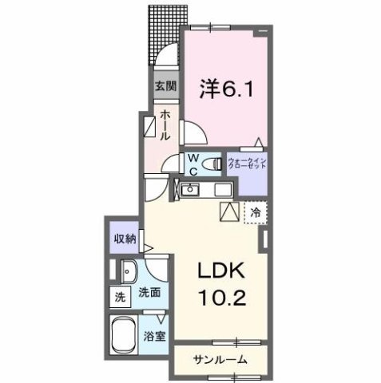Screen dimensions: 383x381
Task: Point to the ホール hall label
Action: pos(165,125)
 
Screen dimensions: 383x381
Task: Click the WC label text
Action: pos(193,164)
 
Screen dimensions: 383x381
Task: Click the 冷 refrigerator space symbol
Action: pos(256,213)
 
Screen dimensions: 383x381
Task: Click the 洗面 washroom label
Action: pos(149,292)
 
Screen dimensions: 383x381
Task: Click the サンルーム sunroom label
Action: pos(218,358)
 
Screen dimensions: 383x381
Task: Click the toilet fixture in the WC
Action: pos(214,164)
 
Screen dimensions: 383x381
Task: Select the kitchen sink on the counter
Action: pos(190,190)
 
